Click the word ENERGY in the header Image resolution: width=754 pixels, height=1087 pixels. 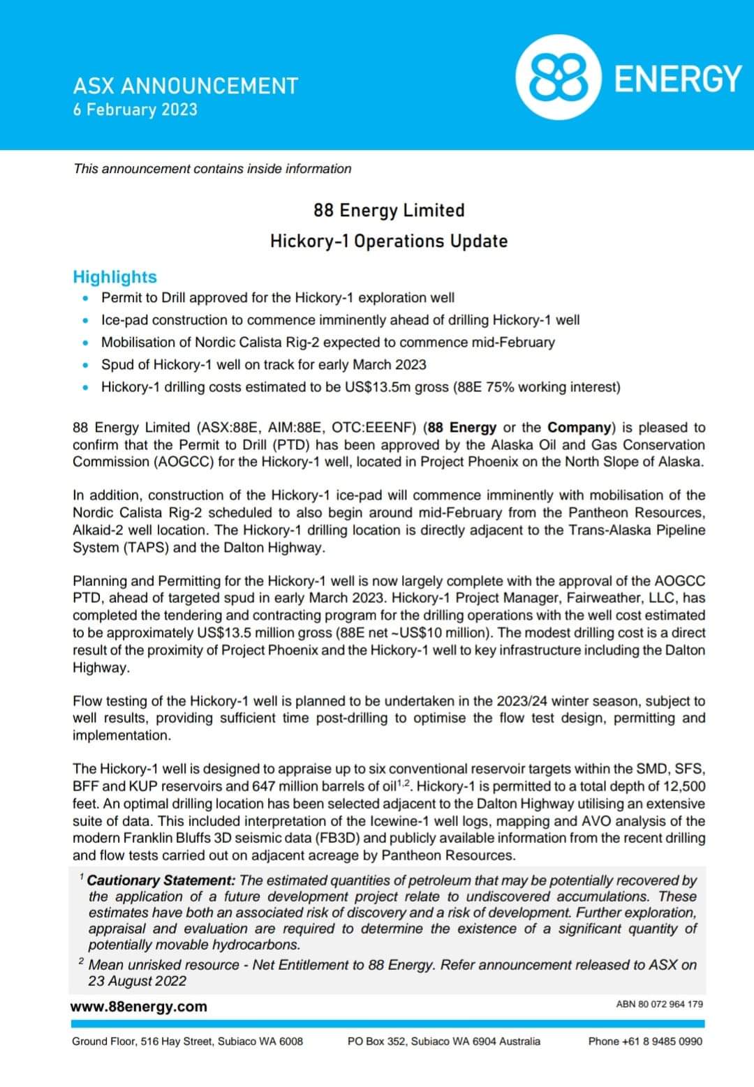coord(677,78)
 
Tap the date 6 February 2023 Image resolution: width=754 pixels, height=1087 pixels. coord(135,110)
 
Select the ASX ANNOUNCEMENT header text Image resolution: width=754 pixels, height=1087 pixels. coord(186,86)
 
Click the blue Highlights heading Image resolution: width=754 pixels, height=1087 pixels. coord(114,277)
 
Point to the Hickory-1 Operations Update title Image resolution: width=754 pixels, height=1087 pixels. coord(389,241)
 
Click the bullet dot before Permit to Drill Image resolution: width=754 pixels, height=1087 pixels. coord(85,299)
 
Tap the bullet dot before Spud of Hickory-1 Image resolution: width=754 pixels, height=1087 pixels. coord(85,366)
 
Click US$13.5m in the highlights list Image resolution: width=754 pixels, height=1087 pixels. coord(378,387)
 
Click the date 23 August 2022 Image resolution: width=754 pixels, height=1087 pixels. coord(138,981)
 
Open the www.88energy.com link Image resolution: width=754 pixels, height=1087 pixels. coord(139,1006)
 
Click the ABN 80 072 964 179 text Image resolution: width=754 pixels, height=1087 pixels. coord(659,1004)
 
